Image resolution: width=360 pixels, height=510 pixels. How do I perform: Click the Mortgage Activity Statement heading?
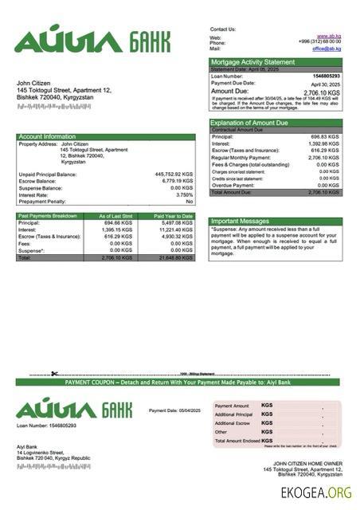252,62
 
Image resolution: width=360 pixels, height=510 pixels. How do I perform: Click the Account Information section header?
48,137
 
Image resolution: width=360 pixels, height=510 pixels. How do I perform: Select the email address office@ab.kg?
327,49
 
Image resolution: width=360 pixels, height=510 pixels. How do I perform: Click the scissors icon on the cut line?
54,374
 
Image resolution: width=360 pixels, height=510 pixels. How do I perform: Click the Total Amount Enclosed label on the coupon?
237,441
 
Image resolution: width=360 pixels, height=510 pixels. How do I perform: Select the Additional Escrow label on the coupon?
233,423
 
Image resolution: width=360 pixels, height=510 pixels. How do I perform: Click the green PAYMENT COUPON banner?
178,383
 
